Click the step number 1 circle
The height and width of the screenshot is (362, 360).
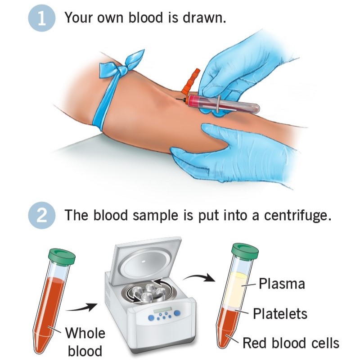tap(42, 18)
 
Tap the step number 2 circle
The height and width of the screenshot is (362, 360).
tap(42, 215)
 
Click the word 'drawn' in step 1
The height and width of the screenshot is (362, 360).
tap(204, 17)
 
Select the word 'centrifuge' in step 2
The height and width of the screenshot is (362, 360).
tap(297, 216)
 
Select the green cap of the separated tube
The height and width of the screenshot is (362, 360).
tap(245, 251)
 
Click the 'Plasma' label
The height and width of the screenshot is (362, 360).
tap(282, 283)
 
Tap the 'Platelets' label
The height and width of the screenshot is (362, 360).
tap(280, 313)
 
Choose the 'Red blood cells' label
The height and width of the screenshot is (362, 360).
tap(291, 343)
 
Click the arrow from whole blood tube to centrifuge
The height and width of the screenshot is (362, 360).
tap(82, 307)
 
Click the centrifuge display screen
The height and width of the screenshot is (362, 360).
tap(163, 311)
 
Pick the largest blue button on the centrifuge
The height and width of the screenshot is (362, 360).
tap(177, 313)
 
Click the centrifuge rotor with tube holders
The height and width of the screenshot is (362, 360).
tap(148, 293)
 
